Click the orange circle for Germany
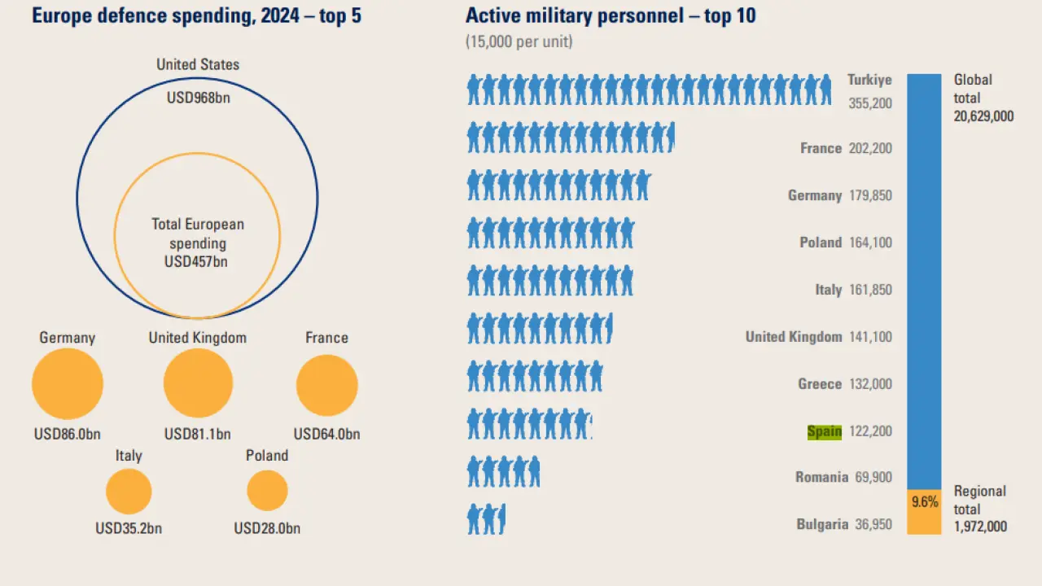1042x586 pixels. (68, 384)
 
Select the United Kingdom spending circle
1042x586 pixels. (198, 383)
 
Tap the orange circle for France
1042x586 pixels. (326, 385)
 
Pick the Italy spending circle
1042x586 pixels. (129, 492)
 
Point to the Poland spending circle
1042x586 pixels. (267, 491)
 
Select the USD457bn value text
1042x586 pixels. (196, 262)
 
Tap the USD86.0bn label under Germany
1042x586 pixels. (68, 435)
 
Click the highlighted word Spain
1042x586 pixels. (824, 431)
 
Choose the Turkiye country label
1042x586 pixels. (869, 80)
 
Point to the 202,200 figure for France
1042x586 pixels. (870, 148)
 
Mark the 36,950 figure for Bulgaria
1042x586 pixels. (873, 525)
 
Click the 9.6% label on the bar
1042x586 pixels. (924, 501)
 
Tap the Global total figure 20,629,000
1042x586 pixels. (983, 116)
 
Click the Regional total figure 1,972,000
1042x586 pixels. (980, 527)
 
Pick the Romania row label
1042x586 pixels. (821, 478)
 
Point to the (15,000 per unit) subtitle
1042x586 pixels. (519, 42)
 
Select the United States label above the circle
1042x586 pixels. (198, 64)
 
